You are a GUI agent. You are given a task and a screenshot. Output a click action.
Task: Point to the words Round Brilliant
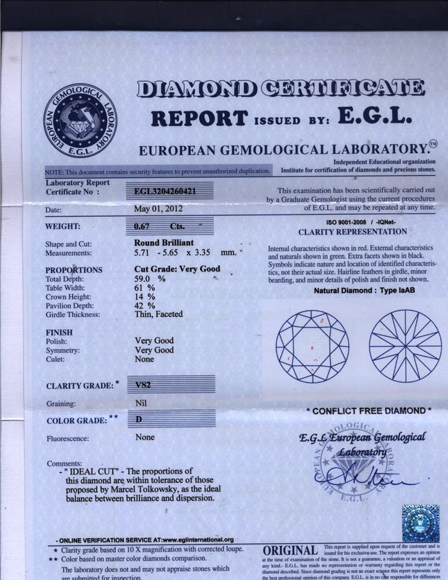164,242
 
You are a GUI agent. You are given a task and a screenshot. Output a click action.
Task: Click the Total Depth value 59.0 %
150,279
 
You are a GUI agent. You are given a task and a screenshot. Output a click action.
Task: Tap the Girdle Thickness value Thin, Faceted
159,314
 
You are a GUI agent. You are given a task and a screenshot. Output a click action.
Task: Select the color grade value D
140,420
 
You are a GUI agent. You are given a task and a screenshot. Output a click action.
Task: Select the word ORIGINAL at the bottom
289,551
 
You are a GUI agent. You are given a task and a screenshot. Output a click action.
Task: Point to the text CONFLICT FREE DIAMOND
368,411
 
